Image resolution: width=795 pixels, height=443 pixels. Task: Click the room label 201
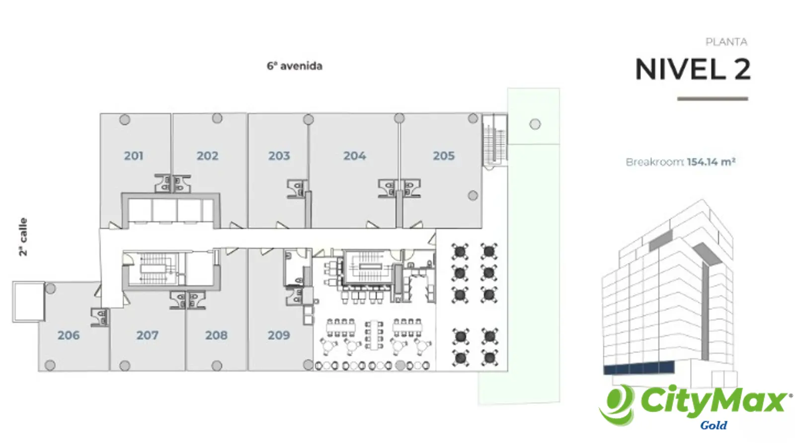point(134,156)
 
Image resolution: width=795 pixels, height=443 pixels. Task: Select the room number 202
point(208,156)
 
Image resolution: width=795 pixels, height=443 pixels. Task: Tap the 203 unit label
point(279,156)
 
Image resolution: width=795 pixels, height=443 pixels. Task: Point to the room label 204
point(355,156)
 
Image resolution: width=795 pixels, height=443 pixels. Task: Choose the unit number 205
point(444,156)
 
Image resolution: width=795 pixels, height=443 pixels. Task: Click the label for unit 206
point(69,335)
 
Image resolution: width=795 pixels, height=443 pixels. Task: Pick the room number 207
point(147,335)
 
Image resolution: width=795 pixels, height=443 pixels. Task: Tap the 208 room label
point(216,335)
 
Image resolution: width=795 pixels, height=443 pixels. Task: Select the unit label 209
point(279,335)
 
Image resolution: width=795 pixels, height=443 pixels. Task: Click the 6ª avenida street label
point(295,66)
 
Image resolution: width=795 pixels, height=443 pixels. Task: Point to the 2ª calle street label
point(23,237)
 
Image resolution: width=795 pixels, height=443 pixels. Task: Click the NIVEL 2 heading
point(693,69)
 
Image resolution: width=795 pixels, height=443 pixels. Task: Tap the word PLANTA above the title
point(726,42)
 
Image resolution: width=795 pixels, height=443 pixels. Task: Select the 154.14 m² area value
point(711,162)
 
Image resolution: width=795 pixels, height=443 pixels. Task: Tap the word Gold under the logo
point(714,425)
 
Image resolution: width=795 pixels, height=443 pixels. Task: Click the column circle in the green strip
point(535,124)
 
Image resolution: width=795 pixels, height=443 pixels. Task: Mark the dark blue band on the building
point(639,368)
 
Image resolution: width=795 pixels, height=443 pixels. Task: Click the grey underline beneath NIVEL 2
point(713,99)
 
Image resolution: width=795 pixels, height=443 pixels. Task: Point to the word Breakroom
point(655,163)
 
